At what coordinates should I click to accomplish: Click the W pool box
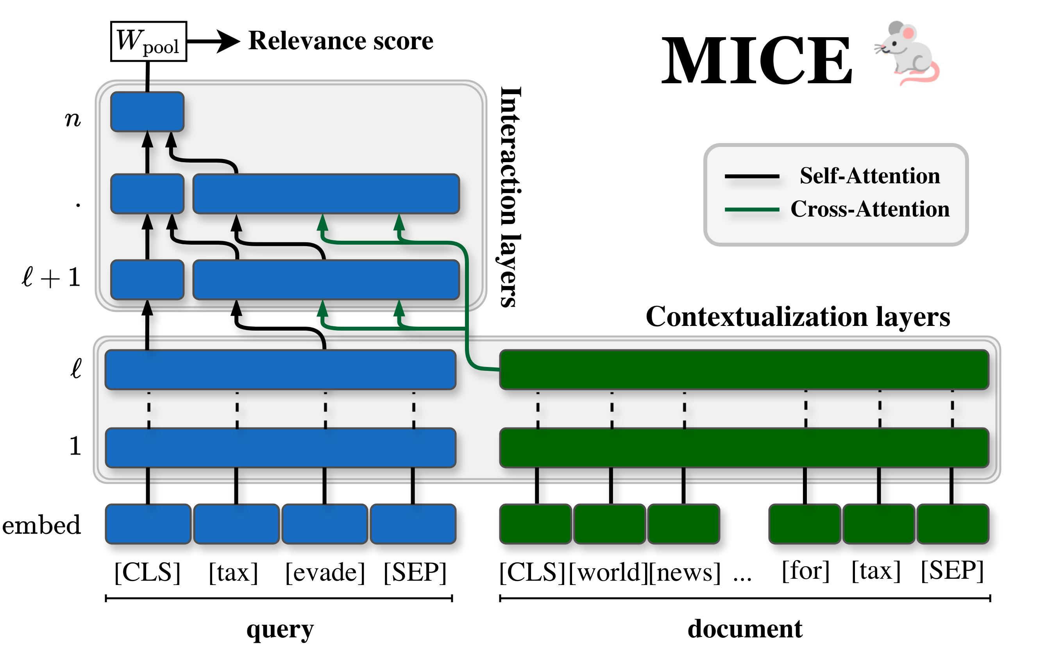pos(148,41)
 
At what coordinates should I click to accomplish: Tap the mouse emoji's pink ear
pos(908,33)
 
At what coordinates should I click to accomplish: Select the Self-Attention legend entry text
pos(869,176)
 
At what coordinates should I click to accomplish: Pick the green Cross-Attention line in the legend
pos(751,209)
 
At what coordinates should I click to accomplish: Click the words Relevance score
pos(340,41)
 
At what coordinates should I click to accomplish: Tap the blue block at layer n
pos(147,112)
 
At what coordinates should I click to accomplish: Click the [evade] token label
pos(325,572)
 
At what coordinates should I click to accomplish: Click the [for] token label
pos(805,571)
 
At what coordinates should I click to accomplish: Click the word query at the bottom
pos(280,629)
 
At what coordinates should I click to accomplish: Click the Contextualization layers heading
pos(797,317)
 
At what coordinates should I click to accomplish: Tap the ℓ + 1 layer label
pos(51,277)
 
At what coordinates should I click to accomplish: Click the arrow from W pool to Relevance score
pos(213,41)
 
